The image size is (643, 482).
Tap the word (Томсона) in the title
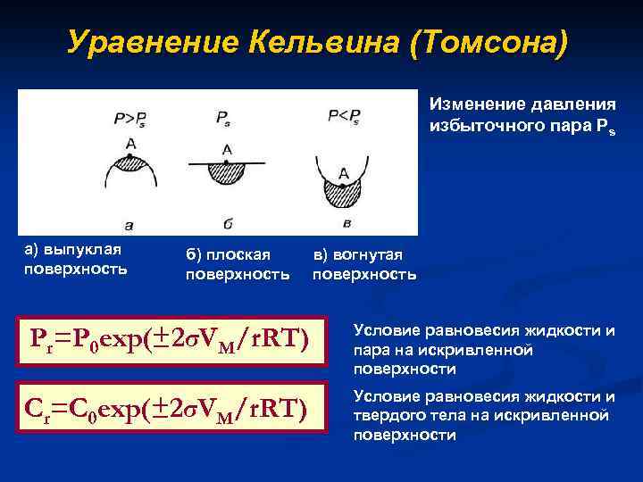click(488, 41)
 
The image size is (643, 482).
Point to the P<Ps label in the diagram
click(345, 115)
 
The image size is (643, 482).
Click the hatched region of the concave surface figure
click(344, 191)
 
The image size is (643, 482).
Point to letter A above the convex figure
click(131, 144)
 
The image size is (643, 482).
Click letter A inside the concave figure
click(344, 172)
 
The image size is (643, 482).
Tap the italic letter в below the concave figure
click(345, 222)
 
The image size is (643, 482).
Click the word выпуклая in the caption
click(88, 249)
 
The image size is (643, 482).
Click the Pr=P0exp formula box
click(171, 337)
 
